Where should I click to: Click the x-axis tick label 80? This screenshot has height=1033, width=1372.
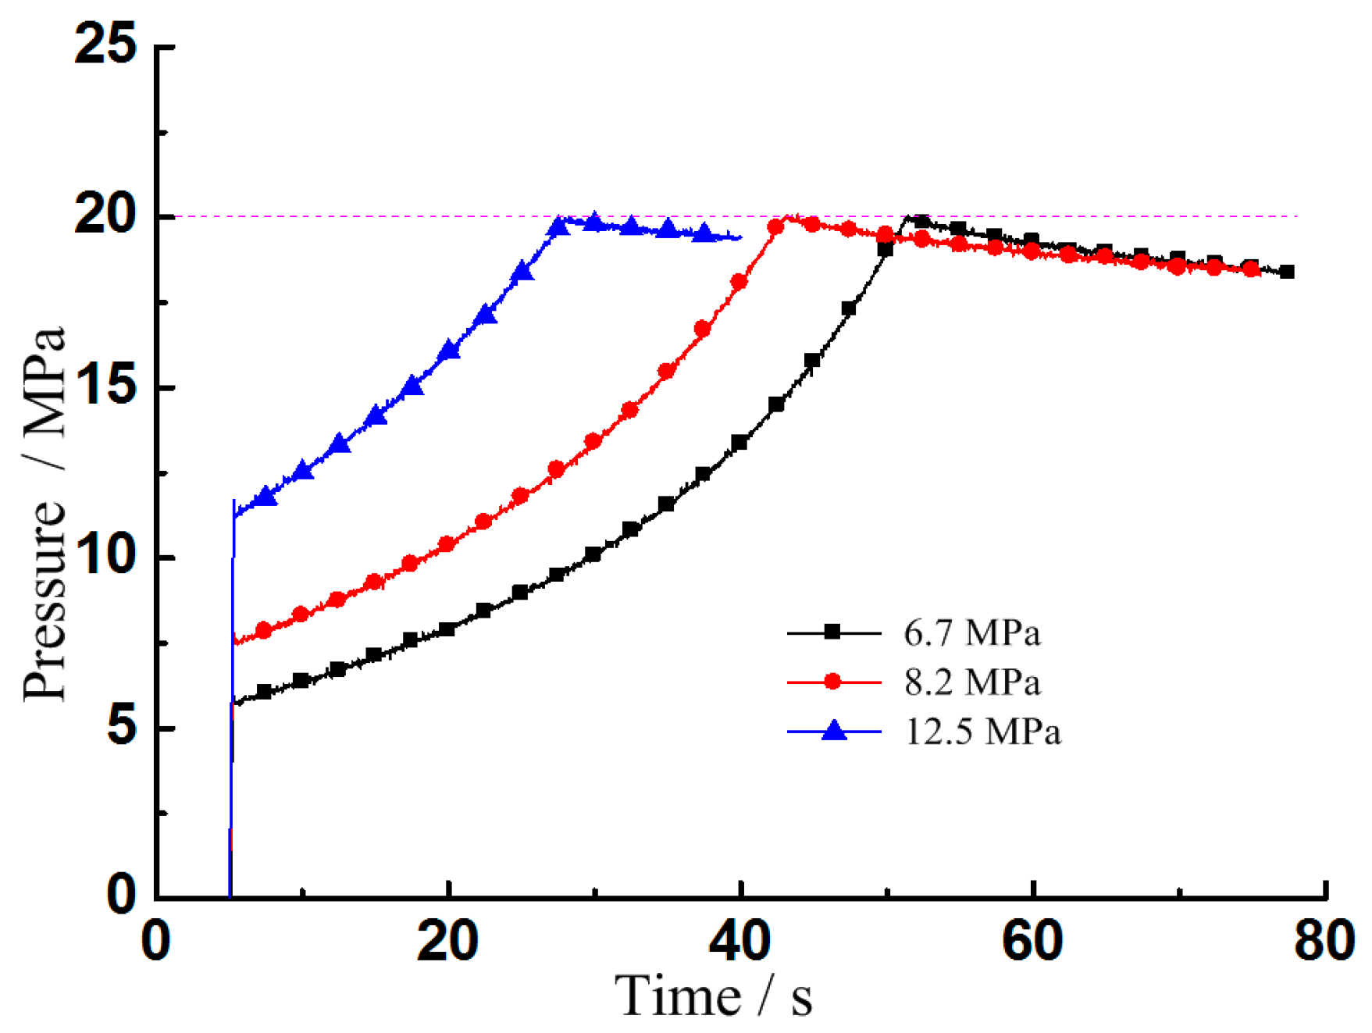click(x=1323, y=940)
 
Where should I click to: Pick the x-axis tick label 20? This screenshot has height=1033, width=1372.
click(x=447, y=940)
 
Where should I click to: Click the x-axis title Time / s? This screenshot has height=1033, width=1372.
click(x=712, y=996)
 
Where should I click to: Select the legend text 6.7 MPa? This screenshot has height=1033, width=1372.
click(x=971, y=632)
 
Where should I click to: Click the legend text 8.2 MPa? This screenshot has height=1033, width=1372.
click(x=971, y=682)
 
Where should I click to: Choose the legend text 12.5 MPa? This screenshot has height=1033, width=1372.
click(x=982, y=732)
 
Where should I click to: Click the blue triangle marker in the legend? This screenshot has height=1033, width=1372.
click(x=834, y=730)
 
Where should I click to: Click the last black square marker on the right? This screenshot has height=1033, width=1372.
click(x=1287, y=272)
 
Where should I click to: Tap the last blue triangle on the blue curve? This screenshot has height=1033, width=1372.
click(x=704, y=233)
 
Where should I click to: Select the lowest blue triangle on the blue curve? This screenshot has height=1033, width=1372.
click(x=266, y=496)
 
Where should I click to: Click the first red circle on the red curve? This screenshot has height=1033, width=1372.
click(x=264, y=630)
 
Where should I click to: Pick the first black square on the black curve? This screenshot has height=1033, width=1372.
click(x=264, y=692)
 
